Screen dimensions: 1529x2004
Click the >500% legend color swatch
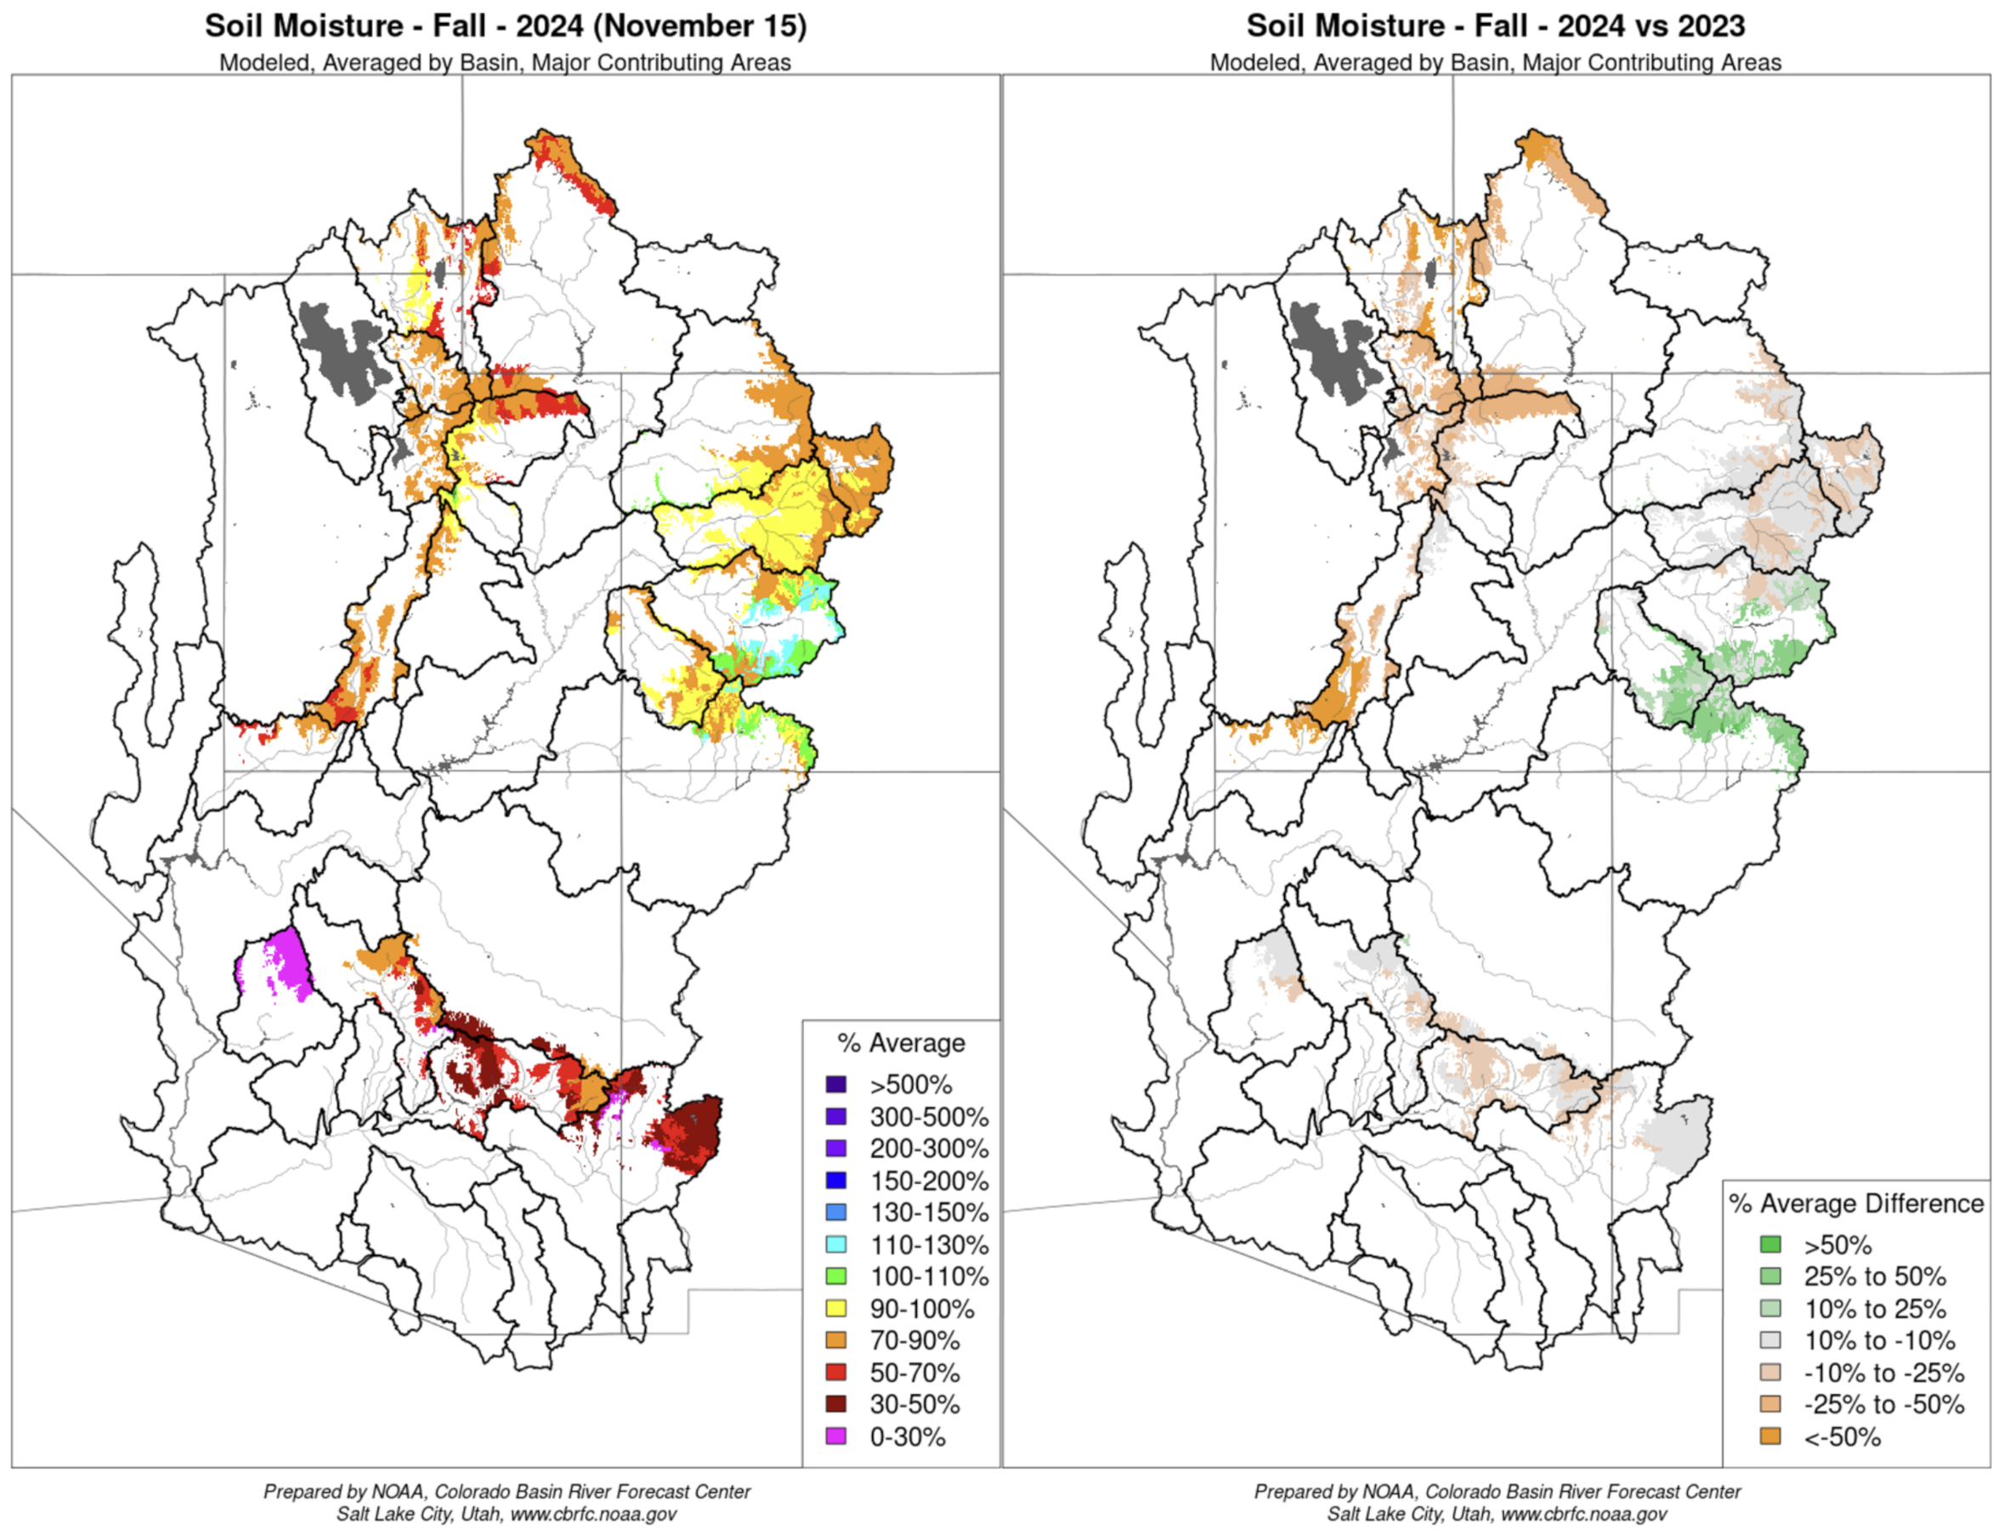(835, 1084)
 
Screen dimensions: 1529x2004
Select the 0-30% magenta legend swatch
(835, 1436)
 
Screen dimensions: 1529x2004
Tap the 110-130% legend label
(929, 1244)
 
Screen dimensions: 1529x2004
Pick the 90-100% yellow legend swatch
(835, 1308)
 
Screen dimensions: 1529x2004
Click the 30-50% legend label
(914, 1404)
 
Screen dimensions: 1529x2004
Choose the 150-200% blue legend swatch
(835, 1181)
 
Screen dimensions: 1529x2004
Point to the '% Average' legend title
(901, 1043)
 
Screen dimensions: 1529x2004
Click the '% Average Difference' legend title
(1855, 1203)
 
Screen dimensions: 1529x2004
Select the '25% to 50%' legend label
(1875, 1276)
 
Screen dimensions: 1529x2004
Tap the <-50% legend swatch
(1770, 1436)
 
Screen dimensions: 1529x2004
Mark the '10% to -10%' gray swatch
(1770, 1340)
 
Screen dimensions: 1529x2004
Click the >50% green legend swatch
(1770, 1244)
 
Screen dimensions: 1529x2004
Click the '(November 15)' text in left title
(699, 25)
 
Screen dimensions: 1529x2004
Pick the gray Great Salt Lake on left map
(342, 350)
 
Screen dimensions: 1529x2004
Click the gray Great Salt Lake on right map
(1332, 350)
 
